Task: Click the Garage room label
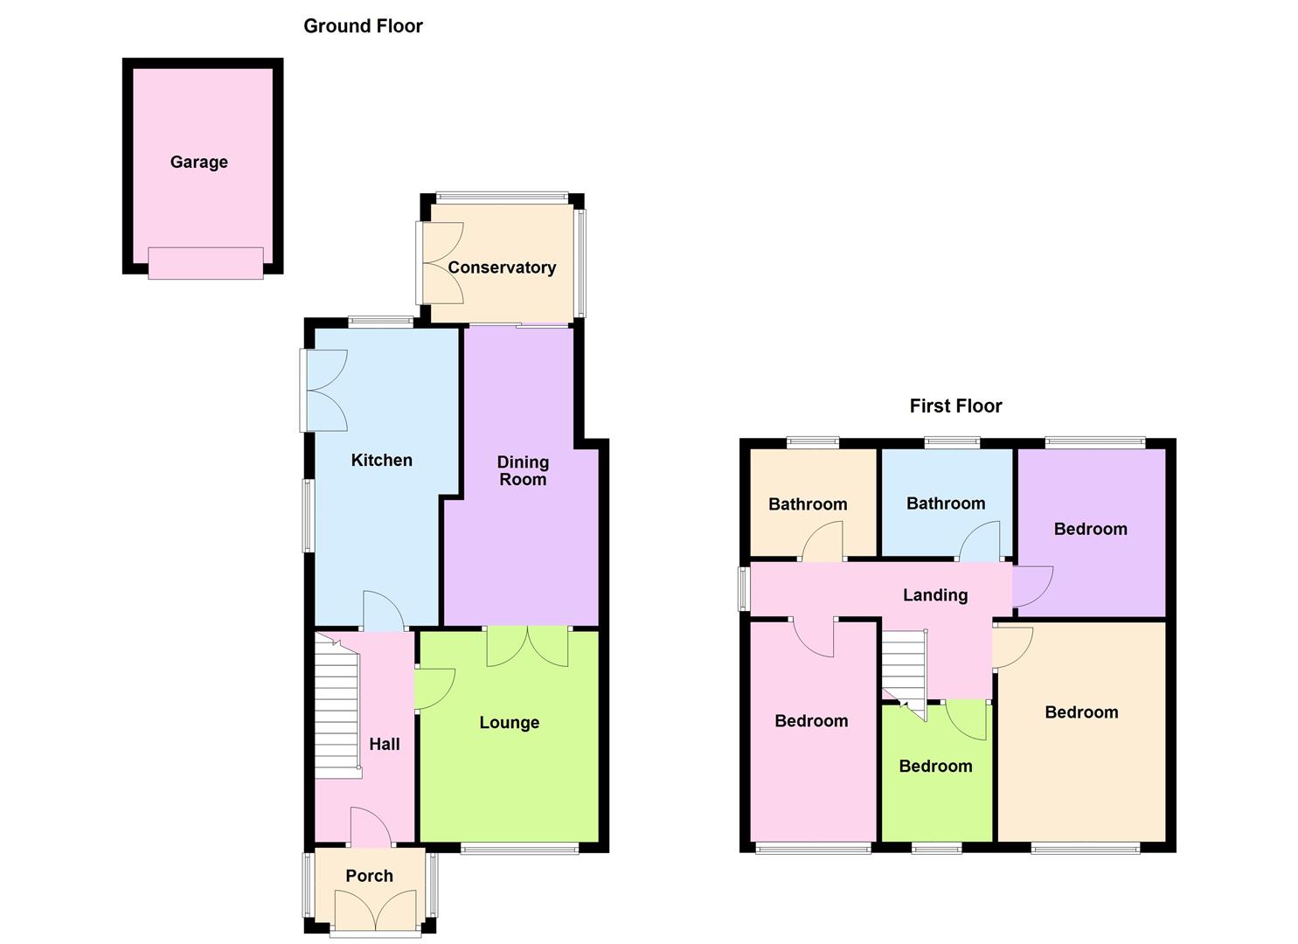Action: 198,162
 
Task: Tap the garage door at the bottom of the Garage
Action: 205,262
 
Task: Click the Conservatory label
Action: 502,267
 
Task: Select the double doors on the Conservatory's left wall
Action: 441,263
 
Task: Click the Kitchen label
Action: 381,460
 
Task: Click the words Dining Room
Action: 523,470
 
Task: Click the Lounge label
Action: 509,722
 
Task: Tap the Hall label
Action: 384,744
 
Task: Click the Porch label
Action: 369,876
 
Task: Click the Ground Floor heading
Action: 363,26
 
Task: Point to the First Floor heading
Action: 955,406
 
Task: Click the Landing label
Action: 934,595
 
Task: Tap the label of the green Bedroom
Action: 935,766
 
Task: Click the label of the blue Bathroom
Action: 945,503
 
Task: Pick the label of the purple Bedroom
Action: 1090,529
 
